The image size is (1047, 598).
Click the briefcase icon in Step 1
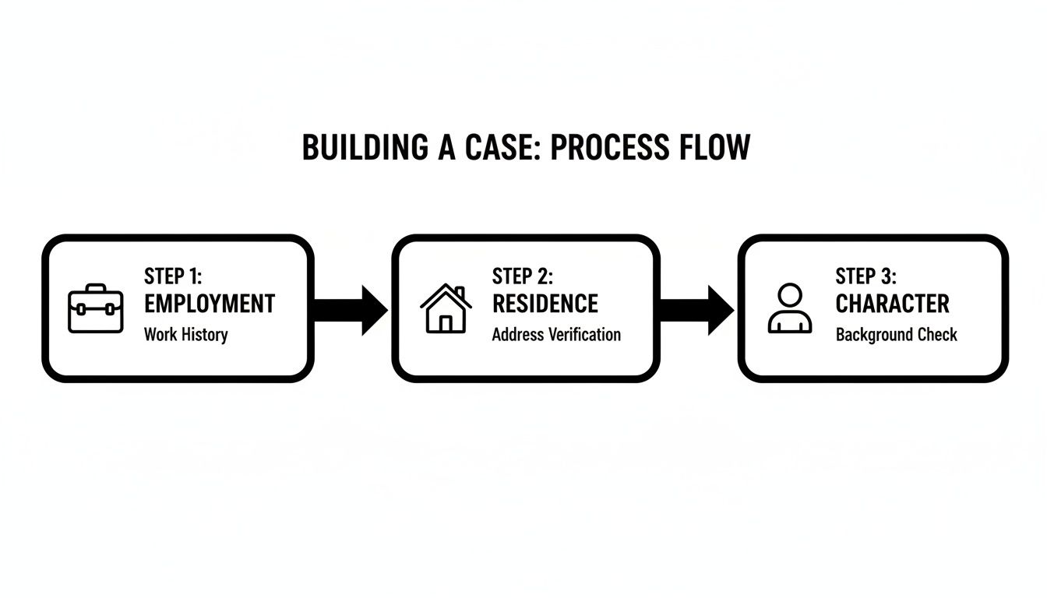[96, 309]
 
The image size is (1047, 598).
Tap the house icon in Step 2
[446, 308]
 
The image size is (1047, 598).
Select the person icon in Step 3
[790, 309]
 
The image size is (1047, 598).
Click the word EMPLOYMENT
[210, 304]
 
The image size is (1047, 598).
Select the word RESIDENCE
[545, 304]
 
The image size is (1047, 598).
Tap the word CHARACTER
[893, 304]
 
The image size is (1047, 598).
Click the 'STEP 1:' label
[173, 276]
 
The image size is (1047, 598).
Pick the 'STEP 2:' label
[522, 276]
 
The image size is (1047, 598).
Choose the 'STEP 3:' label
[866, 276]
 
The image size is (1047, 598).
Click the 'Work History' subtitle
[185, 335]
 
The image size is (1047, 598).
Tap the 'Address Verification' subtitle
[556, 335]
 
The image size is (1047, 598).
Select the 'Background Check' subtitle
[896, 335]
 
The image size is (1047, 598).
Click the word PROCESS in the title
[608, 148]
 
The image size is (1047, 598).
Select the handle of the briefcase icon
[96, 288]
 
